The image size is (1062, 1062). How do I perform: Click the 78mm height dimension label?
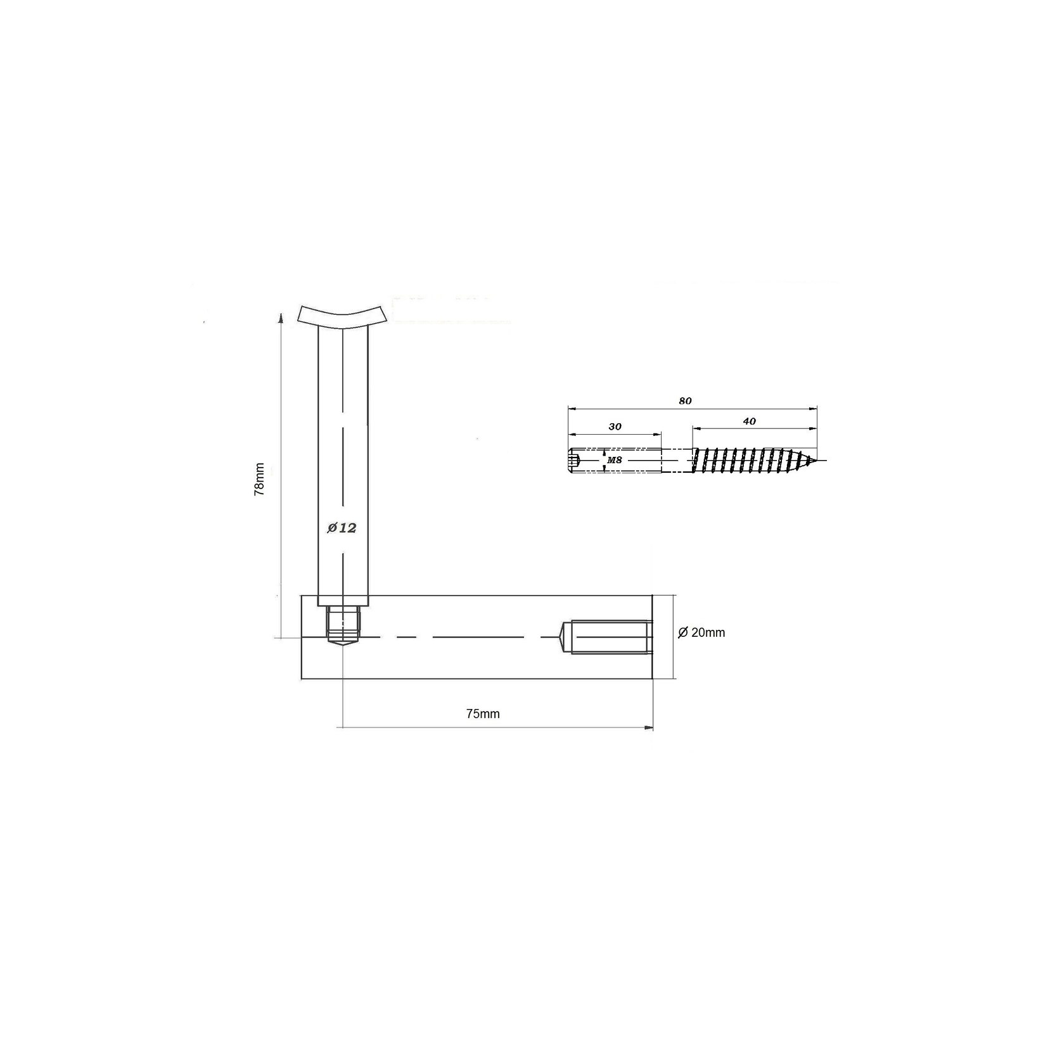[259, 480]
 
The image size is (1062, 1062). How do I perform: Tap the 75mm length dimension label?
[483, 714]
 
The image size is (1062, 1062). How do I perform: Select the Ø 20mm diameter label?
[701, 632]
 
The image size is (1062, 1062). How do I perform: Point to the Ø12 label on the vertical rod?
[342, 528]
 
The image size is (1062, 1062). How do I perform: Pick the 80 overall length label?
[685, 401]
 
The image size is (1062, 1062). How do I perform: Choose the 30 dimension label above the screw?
[615, 427]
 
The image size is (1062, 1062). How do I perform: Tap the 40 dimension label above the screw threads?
[749, 421]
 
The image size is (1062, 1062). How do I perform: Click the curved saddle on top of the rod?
[342, 317]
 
